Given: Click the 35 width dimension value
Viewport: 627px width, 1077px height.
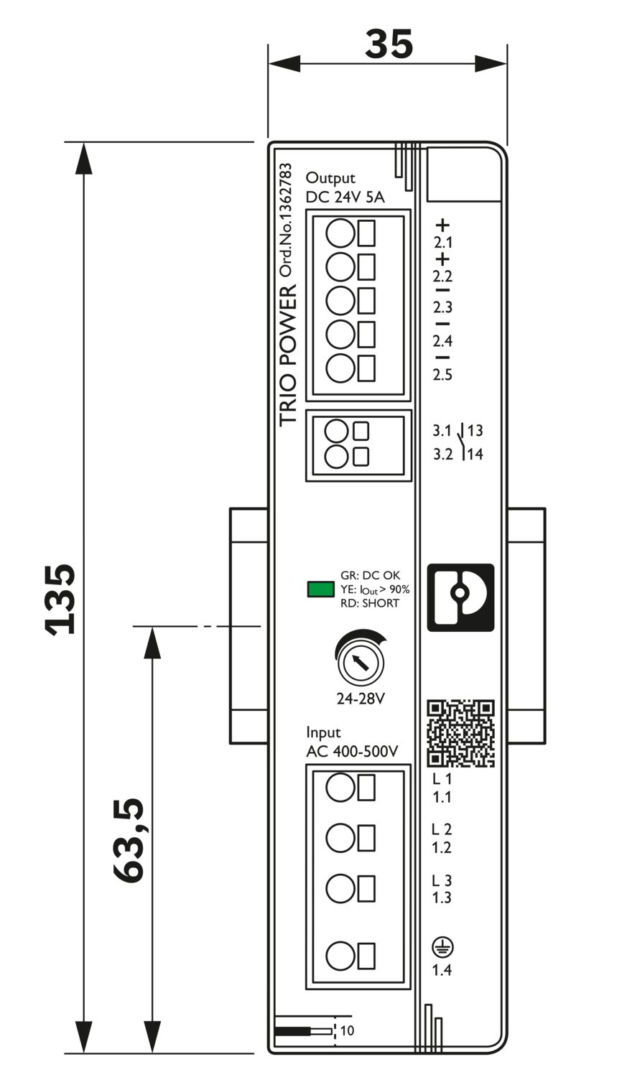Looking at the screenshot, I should point(389,45).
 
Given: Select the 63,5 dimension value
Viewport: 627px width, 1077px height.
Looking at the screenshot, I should point(129,839).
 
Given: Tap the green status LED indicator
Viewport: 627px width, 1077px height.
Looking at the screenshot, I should point(320,589).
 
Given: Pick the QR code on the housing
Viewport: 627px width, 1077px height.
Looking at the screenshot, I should point(461,733).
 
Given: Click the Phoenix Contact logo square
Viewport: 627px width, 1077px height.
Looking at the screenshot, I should point(460,597).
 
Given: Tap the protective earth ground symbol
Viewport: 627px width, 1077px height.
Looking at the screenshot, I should point(442,948).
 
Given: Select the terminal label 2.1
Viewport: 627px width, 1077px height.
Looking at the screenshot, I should point(443,243).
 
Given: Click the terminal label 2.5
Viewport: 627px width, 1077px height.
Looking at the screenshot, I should point(443,374).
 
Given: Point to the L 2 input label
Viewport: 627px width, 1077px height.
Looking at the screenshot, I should point(442,830).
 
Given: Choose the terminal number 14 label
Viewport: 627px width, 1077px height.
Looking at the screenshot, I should point(475,454).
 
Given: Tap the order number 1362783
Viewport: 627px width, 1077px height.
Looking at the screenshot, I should point(286,220).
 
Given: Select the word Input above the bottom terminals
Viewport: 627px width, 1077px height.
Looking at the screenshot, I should point(323,733).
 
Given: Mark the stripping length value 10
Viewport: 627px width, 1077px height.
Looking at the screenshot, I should point(347,1031).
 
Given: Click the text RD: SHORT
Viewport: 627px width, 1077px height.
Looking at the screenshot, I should point(369,603).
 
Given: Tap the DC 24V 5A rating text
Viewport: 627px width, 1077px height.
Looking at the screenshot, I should point(345,197).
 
